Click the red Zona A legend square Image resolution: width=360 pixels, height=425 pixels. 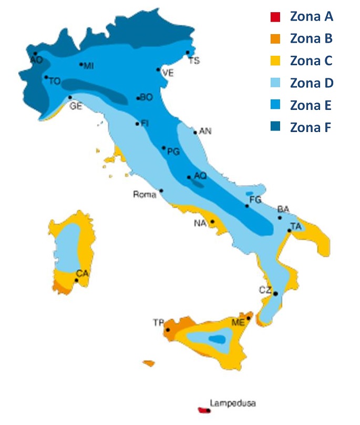click(274, 17)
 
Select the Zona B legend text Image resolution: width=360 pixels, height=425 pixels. click(311, 39)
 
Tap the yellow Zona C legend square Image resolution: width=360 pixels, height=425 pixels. click(274, 61)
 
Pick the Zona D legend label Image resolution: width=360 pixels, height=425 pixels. click(311, 83)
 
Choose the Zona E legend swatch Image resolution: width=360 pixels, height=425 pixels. click(274, 105)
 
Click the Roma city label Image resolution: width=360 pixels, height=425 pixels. click(145, 195)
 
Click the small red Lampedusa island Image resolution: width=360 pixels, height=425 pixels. click(203, 410)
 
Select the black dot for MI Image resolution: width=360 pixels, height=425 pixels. click(81, 64)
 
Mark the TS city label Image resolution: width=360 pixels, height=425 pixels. click(194, 61)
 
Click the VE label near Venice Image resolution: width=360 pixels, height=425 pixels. click(167, 74)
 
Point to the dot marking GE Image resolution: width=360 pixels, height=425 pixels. click(70, 97)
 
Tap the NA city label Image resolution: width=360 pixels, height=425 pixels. click(200, 224)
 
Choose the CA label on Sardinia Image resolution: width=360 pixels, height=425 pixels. click(82, 273)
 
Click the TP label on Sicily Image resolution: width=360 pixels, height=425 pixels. click(158, 322)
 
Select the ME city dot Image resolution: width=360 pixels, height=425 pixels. click(249, 318)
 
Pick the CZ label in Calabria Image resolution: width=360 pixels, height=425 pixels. click(265, 290)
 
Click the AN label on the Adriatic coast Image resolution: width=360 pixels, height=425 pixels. click(205, 131)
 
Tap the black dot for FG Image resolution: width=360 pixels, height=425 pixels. click(246, 206)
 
